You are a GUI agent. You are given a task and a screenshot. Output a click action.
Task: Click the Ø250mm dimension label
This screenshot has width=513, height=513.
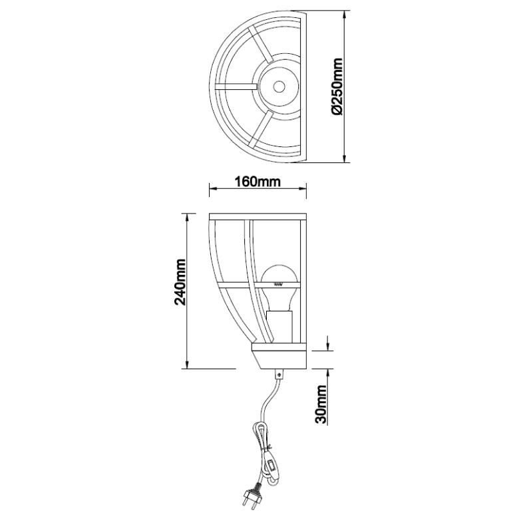pos(337,87)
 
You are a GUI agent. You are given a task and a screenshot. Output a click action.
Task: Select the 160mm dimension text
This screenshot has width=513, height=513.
pos(257,182)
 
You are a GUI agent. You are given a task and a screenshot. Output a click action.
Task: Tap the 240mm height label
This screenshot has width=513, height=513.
pos(180,282)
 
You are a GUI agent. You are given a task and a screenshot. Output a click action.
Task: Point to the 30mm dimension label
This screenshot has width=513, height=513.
pos(321,405)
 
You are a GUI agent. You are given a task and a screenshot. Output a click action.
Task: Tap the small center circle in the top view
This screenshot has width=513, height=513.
pos(279,86)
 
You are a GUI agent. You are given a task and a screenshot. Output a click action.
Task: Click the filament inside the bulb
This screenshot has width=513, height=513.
pos(278,284)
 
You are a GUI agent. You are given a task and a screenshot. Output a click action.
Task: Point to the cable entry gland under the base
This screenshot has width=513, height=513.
pos(279,374)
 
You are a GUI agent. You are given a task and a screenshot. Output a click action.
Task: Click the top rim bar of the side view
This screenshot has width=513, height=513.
pos(257,217)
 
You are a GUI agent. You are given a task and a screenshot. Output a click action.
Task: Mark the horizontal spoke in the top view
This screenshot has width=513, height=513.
pos(236,86)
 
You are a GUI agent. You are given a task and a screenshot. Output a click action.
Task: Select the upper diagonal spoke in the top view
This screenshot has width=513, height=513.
pos(260,44)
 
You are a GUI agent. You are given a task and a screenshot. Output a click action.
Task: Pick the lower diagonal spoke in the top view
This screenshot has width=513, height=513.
pos(260,128)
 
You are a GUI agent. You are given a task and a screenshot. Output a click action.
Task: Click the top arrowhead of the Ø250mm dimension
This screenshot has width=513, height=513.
pos(344,15)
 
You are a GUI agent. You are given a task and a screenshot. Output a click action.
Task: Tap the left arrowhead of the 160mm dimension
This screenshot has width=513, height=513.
pos(214,188)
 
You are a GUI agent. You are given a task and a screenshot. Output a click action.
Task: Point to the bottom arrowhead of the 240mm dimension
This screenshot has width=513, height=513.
pos(187,364)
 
